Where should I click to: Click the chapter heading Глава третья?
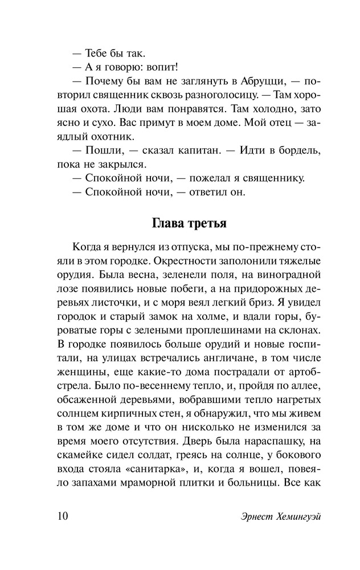click(x=191, y=222)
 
